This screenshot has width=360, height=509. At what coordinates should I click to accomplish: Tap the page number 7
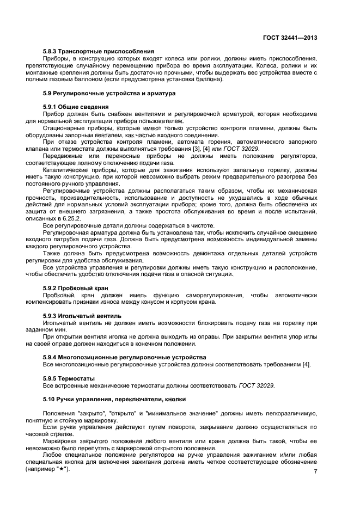[315, 471]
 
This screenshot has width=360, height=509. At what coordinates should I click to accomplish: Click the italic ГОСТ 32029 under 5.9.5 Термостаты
[256, 385]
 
